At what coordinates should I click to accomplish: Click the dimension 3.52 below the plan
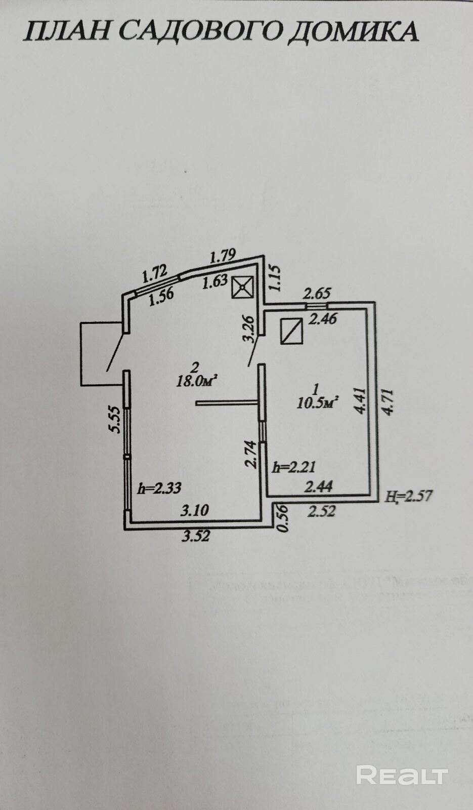tap(196, 536)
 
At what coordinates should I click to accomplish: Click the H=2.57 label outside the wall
tap(409, 496)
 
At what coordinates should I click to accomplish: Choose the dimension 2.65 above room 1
tap(317, 293)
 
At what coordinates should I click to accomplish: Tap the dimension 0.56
tap(283, 518)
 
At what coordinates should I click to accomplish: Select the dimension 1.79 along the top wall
tap(223, 256)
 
